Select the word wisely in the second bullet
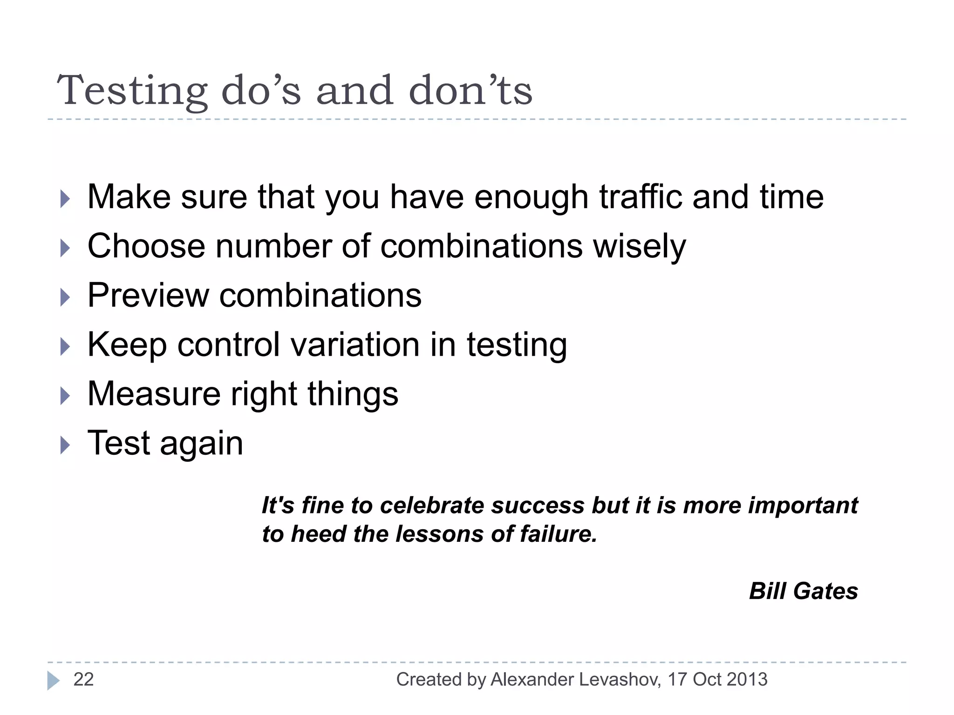pos(639,246)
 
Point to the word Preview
pos(148,296)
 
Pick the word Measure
pos(154,394)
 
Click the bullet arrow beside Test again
pos(65,445)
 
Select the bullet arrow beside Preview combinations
pos(65,297)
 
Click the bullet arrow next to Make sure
pos(65,199)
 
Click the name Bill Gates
pos(803,591)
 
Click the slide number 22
pos(83,680)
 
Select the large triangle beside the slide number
pos(53,681)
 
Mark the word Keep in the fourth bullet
pos(127,346)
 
